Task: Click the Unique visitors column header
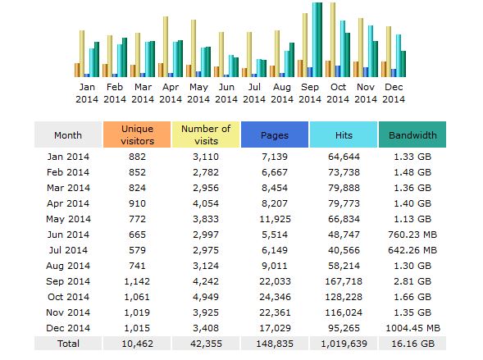[137, 134]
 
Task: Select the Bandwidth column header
[412, 134]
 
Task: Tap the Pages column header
[275, 134]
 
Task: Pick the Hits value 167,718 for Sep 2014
[344, 281]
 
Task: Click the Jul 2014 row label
[68, 250]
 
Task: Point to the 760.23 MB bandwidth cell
[412, 235]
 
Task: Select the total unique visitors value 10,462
[137, 344]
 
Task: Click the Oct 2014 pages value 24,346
[275, 297]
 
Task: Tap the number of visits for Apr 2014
[206, 203]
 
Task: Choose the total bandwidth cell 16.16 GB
[412, 344]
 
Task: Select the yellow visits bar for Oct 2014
[333, 39]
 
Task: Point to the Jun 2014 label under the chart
[226, 93]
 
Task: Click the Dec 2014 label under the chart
[394, 93]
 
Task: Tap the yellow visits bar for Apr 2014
[166, 47]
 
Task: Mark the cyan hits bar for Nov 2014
[371, 51]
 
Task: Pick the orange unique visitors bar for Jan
[77, 70]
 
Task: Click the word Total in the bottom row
[68, 344]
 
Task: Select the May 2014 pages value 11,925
[275, 219]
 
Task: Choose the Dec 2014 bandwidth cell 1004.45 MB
[412, 328]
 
